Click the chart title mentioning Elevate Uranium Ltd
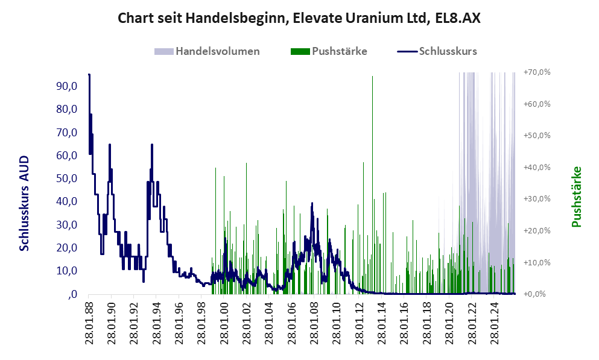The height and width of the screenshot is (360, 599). (x=299, y=18)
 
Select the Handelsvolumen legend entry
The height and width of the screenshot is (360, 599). (x=218, y=51)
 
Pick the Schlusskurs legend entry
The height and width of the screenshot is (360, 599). (x=446, y=51)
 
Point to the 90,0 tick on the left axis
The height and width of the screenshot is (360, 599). (x=66, y=86)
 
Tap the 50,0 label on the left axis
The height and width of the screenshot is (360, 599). (x=66, y=178)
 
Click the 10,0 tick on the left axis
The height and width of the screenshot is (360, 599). (x=66, y=271)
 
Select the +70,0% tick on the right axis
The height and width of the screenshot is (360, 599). (x=537, y=72)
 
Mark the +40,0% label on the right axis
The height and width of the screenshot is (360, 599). (x=537, y=167)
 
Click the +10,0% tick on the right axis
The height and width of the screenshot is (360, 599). (x=537, y=262)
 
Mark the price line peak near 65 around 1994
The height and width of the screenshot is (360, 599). (x=152, y=145)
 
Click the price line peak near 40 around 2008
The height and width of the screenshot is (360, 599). (x=312, y=204)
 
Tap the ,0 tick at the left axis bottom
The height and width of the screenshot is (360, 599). (x=71, y=294)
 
